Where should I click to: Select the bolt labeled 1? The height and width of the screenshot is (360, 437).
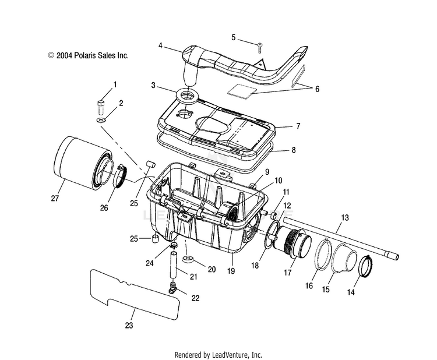pyautogui.click(x=100, y=107)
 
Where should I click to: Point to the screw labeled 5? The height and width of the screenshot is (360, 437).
pyautogui.click(x=260, y=48)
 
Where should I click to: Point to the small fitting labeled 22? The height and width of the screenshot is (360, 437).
pyautogui.click(x=174, y=287)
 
